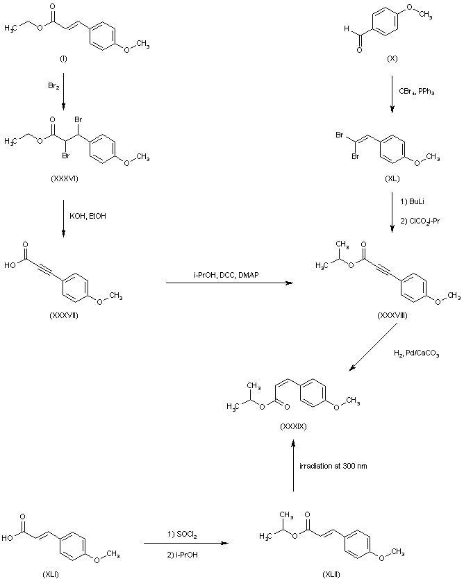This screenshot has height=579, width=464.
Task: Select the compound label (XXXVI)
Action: click(x=64, y=179)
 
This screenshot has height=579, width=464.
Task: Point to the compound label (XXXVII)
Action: click(x=65, y=314)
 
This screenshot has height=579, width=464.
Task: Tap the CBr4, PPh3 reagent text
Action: click(x=417, y=91)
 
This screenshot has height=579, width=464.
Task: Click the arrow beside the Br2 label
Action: click(x=64, y=94)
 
